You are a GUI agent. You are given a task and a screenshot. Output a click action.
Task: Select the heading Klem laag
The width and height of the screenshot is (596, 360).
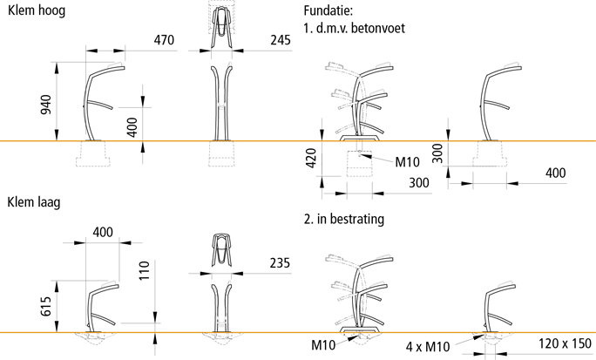point(32,202)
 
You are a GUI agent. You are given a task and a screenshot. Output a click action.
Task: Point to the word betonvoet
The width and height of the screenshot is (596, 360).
point(369,28)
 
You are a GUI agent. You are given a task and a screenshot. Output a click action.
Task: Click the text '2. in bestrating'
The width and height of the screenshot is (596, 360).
point(344,220)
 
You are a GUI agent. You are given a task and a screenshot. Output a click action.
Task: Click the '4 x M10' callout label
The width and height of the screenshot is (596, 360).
point(427,347)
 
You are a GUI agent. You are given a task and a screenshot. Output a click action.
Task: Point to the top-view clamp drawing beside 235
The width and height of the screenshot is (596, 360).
point(223,251)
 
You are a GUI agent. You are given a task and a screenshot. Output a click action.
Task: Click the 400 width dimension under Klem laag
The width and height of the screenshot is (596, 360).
point(103,233)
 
